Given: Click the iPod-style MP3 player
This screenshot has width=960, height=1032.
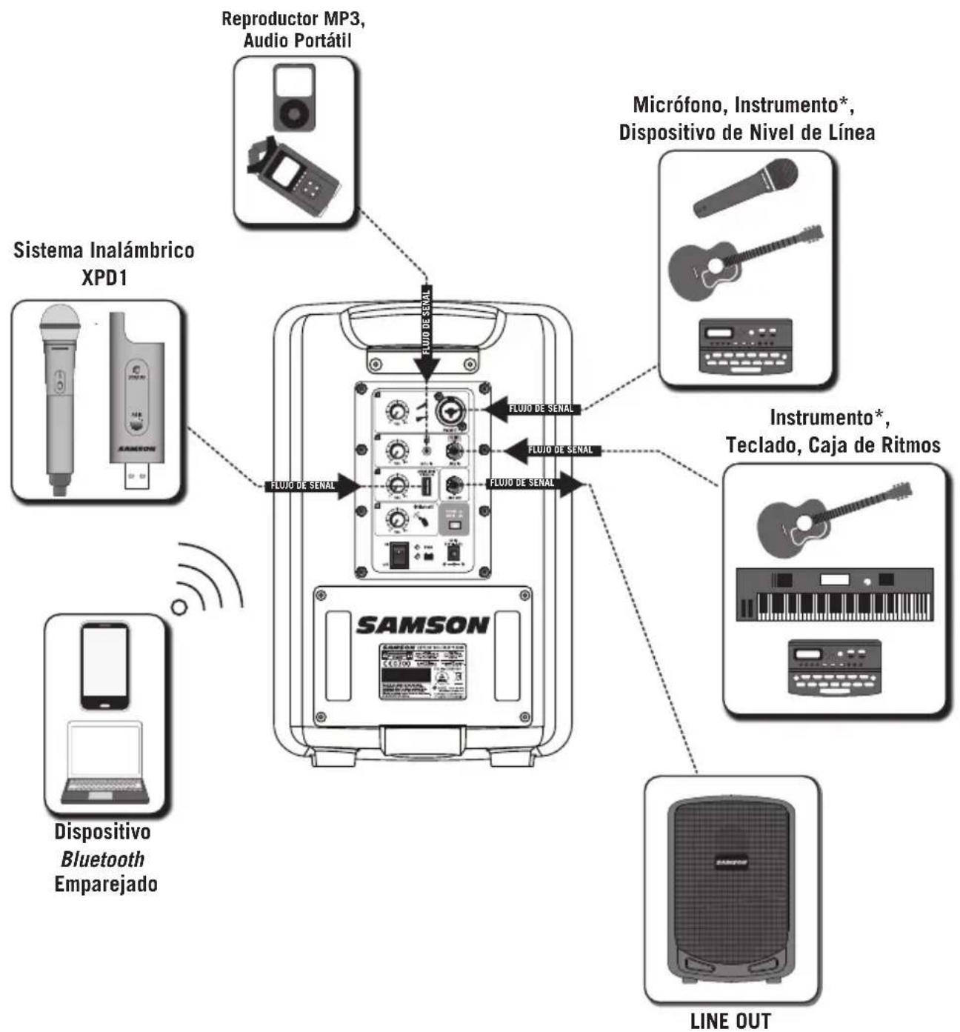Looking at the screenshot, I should [x=295, y=98].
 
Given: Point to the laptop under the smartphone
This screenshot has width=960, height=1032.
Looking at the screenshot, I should [x=104, y=763].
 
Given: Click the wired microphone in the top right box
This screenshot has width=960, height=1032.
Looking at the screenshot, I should [x=745, y=187].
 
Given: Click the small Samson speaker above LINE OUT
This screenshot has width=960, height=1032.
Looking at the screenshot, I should [x=730, y=889].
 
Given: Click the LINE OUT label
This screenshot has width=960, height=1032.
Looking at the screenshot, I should [x=730, y=1021].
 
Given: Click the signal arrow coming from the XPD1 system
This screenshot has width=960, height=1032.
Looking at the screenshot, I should [x=311, y=486].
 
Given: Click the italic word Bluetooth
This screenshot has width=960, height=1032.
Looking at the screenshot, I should [x=103, y=859].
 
